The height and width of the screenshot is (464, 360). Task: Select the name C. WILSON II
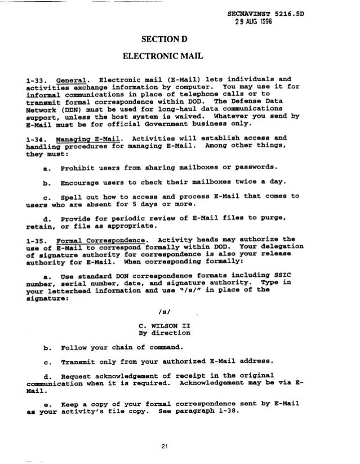(x=163, y=325)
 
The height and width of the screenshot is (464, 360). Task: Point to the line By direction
(x=163, y=333)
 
